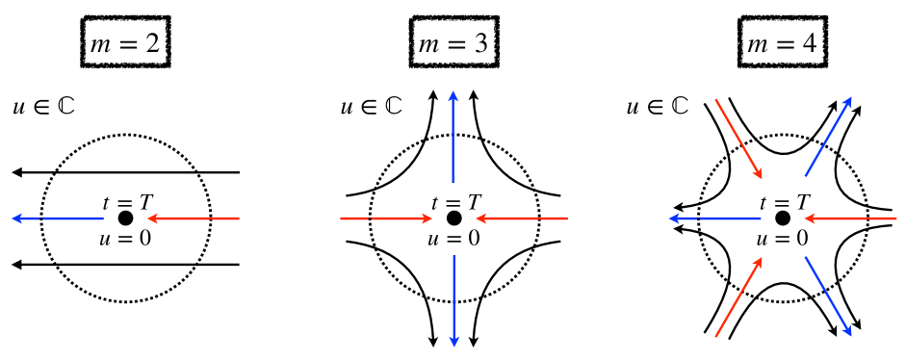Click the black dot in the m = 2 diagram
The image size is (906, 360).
click(126, 219)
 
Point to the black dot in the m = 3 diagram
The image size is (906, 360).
click(453, 219)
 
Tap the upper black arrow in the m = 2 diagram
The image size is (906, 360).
click(125, 172)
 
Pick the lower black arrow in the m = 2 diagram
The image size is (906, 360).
click(125, 265)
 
